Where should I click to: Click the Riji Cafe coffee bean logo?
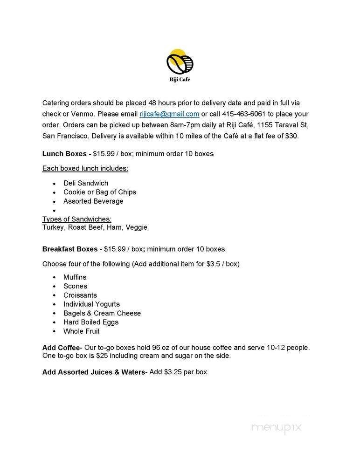[180, 62]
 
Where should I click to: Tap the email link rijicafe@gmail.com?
[169, 114]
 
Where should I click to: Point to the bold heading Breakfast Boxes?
[70, 249]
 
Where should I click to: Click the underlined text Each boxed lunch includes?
[85, 168]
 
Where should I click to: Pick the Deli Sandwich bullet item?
[85, 183]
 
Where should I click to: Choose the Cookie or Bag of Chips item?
[100, 192]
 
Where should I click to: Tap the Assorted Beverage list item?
[93, 201]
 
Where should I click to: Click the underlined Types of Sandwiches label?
[76, 219]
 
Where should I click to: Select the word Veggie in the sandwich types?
[137, 227]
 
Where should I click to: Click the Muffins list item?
[75, 277]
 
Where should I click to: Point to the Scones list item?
[75, 286]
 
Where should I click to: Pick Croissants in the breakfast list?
[80, 295]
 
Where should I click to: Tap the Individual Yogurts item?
[91, 304]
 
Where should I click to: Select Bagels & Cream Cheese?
[102, 313]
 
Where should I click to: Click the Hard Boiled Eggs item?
[91, 322]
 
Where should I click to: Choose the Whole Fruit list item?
[82, 331]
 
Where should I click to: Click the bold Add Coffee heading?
[61, 348]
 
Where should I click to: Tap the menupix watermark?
[277, 427]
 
